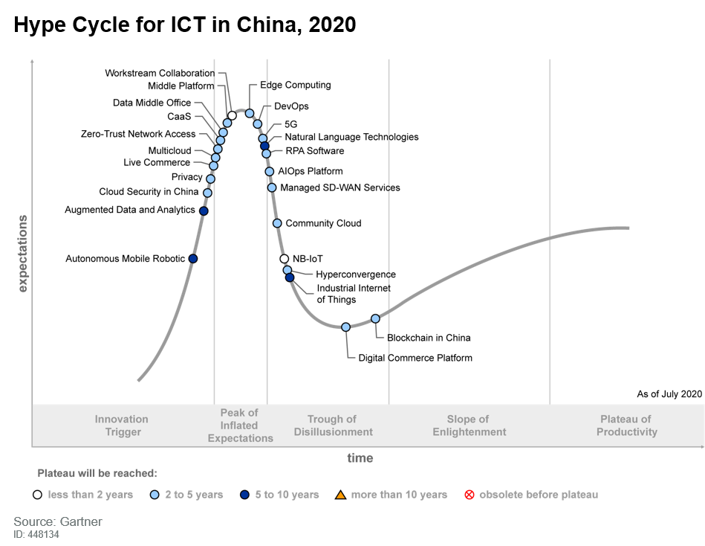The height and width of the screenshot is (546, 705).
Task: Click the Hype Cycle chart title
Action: [185, 25]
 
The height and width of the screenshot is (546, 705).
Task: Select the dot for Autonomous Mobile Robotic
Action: [193, 259]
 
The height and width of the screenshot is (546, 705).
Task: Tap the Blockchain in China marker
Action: [376, 318]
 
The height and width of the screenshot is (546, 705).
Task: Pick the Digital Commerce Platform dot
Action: [346, 327]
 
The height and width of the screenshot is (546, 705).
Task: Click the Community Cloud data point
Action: [277, 223]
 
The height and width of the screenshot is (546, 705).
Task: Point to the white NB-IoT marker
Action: [285, 259]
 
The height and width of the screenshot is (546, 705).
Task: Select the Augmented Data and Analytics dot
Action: [204, 211]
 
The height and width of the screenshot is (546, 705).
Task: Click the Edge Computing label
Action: [295, 86]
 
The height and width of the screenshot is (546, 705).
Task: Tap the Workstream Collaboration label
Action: [160, 74]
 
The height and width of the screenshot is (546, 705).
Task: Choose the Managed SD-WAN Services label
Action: [339, 188]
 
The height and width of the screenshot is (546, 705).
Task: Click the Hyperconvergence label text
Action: [355, 274]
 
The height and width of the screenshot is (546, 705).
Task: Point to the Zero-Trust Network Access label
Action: [138, 135]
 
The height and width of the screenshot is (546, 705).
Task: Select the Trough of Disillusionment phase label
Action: [333, 425]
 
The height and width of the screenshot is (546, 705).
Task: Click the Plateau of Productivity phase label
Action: [626, 425]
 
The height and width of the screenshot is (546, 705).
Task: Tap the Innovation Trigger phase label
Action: [122, 425]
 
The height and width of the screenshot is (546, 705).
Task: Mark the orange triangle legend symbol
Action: [341, 495]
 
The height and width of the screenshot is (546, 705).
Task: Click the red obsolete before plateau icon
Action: [469, 495]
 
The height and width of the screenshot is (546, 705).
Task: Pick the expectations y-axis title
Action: [22, 253]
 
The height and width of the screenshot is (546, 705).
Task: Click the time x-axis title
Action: [360, 458]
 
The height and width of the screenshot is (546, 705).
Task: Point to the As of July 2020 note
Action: [669, 394]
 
